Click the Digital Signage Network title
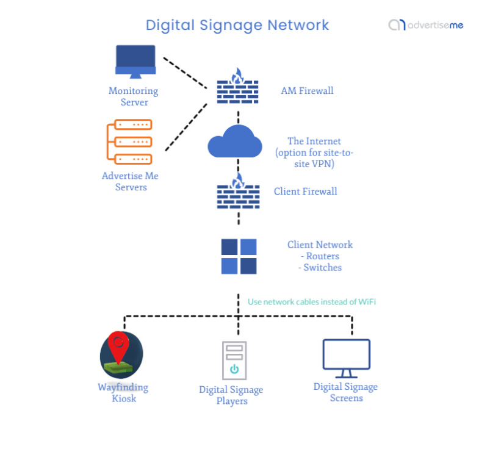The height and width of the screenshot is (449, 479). coord(237,25)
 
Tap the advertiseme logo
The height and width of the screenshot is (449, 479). coord(425,25)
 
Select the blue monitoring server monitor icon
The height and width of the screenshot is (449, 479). coord(135,61)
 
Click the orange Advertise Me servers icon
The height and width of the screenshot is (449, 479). coord(129,142)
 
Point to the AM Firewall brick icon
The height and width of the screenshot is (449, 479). coord(238,88)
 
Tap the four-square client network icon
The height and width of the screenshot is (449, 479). coord(239,256)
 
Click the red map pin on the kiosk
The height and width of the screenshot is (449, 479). coord(119,347)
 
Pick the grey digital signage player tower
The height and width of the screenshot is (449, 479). coord(234,361)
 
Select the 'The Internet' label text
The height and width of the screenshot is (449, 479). coord(314,141)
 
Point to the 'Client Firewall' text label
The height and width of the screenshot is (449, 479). coord(305,192)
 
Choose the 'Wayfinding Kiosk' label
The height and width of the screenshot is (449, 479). coord(123,393)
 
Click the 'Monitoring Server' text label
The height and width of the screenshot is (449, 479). coord(133,96)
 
